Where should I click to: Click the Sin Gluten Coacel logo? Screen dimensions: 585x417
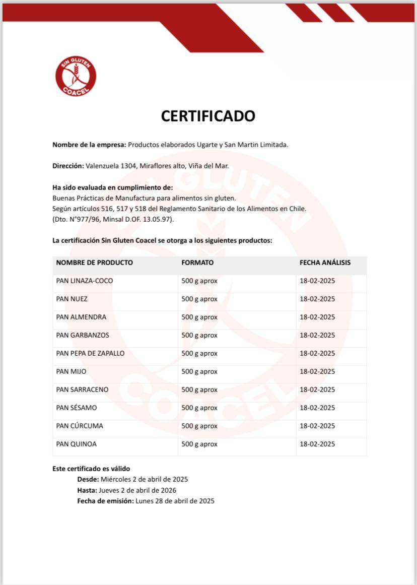[76, 76]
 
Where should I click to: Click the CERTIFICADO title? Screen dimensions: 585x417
[208, 116]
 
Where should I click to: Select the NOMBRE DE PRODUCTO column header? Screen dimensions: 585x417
[95, 263]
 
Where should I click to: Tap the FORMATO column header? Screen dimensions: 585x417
[197, 263]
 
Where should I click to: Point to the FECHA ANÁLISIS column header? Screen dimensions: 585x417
[325, 263]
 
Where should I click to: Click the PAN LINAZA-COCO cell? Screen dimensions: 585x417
[85, 281]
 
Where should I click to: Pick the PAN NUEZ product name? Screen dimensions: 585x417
[72, 299]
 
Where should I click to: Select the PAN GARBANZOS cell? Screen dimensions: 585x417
[83, 335]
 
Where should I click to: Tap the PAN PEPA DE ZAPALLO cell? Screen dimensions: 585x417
[90, 353]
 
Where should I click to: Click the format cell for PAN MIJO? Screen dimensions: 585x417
[199, 371]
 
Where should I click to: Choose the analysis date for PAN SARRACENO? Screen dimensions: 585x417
[317, 389]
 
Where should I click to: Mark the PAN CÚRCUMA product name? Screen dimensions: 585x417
[80, 426]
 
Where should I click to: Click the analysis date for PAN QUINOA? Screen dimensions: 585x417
[317, 444]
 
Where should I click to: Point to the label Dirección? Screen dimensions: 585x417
[68, 165]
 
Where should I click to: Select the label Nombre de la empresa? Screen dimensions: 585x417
[89, 145]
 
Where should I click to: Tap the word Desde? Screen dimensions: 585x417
[88, 479]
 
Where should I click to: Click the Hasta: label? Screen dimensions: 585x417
[87, 490]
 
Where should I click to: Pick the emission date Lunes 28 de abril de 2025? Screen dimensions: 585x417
[175, 501]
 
